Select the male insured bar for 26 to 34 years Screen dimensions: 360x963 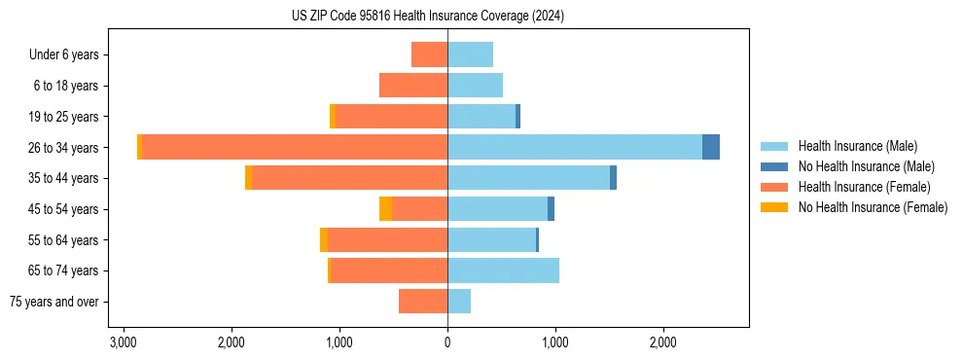click(574, 147)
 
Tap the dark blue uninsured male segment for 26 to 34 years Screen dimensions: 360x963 click(711, 147)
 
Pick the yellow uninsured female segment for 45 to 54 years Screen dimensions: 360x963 click(385, 209)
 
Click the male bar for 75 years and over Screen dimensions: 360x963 click(459, 302)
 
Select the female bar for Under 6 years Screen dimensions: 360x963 click(429, 54)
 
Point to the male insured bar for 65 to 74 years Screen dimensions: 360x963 click(503, 270)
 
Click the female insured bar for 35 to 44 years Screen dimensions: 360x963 click(349, 178)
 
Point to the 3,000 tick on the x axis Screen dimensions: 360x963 click(124, 343)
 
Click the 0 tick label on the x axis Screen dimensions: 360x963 click(447, 343)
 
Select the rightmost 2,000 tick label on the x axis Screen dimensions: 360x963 click(663, 343)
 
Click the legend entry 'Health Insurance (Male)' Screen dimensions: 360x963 click(857, 146)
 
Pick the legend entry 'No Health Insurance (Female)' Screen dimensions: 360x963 click(873, 207)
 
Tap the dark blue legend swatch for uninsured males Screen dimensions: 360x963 click(775, 166)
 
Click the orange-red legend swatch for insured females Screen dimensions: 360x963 click(775, 187)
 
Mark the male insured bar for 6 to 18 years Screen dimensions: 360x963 click(475, 86)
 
